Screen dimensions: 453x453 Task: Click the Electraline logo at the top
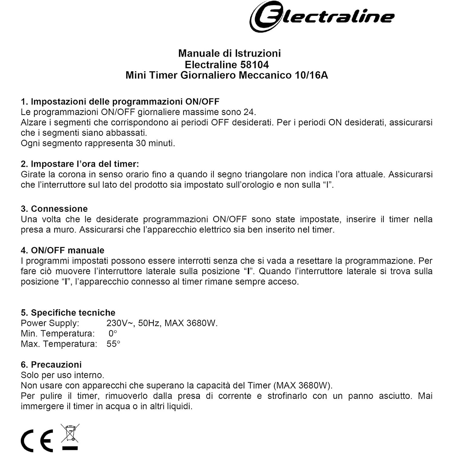(x=322, y=16)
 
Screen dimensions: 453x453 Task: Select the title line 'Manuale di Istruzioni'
(x=229, y=53)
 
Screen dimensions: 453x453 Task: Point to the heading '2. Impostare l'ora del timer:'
(x=80, y=164)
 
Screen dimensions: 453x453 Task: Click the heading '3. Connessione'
(x=54, y=209)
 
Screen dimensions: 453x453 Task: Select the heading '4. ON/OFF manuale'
(x=63, y=250)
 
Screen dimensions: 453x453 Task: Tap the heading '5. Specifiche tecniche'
(x=68, y=313)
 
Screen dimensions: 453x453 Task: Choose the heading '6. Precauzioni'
(x=51, y=365)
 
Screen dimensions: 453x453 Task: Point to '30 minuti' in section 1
(x=155, y=143)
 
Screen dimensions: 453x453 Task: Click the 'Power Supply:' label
(x=50, y=323)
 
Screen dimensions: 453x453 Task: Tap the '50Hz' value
(x=149, y=323)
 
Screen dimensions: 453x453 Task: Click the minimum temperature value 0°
(x=113, y=333)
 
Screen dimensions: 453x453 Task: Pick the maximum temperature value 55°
(x=113, y=344)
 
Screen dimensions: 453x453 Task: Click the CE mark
(x=37, y=440)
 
